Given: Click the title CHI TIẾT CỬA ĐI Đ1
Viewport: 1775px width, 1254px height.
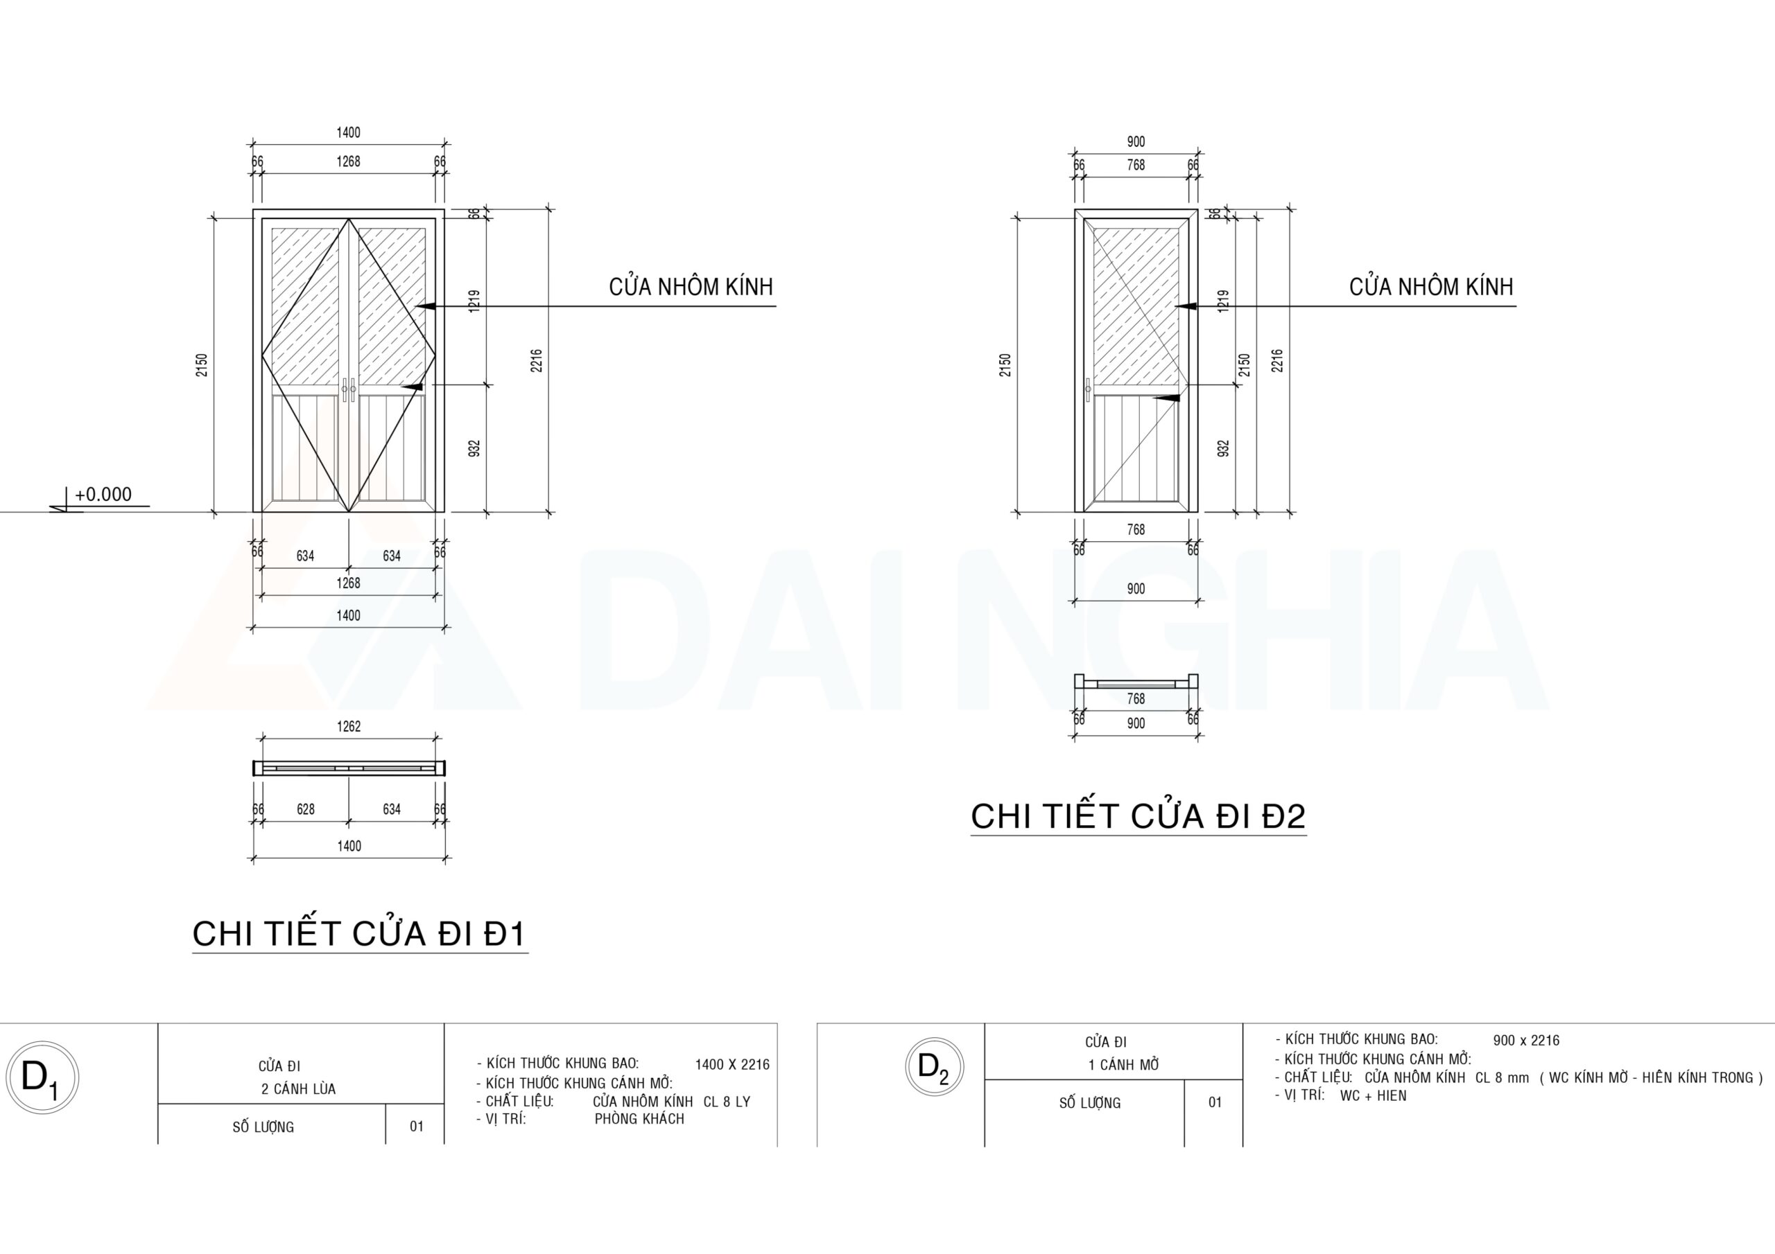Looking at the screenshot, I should (x=359, y=933).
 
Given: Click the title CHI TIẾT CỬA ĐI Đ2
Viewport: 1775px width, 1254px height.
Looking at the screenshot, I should (x=1138, y=816).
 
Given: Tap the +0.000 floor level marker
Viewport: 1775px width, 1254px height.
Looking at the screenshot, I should (x=103, y=495).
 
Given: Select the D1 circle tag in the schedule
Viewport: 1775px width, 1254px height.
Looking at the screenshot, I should (x=42, y=1077).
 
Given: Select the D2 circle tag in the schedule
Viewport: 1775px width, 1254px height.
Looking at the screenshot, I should (x=934, y=1067).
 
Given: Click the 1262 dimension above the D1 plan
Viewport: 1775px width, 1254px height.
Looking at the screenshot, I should (x=349, y=726).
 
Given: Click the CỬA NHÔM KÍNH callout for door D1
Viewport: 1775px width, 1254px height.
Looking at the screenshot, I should (x=691, y=288).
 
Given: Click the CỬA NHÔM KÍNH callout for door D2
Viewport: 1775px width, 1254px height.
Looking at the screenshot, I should (x=1431, y=288).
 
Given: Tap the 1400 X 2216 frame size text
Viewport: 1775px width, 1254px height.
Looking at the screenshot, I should (x=732, y=1065).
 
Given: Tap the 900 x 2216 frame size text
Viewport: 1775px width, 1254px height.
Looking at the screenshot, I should (x=1526, y=1041).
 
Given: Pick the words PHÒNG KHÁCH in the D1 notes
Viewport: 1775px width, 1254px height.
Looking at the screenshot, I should (x=639, y=1119).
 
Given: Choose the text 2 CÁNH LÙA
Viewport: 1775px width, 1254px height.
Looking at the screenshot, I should (x=298, y=1089).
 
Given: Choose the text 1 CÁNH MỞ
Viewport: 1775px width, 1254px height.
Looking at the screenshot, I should (x=1123, y=1065).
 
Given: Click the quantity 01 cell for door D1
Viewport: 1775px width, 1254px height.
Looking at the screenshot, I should (x=417, y=1127).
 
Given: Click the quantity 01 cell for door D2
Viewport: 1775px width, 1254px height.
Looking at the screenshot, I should (x=1215, y=1102).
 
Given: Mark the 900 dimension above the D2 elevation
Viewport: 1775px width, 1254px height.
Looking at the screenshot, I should (x=1136, y=142).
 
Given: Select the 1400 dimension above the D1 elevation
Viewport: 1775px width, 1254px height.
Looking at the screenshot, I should (x=348, y=133).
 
